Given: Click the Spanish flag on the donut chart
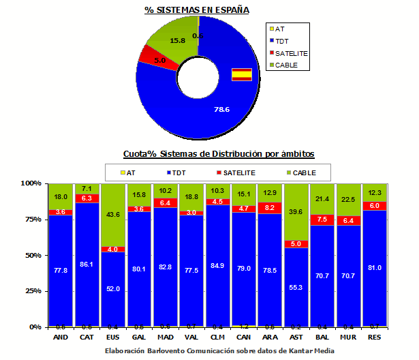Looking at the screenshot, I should click(x=242, y=75).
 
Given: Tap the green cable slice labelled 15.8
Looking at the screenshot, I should click(x=172, y=37).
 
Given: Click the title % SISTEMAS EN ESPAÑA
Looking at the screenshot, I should click(x=196, y=10).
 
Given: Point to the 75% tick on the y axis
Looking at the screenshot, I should click(x=33, y=220).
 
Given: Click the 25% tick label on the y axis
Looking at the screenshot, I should click(x=33, y=291).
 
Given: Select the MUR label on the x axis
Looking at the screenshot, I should click(x=349, y=336).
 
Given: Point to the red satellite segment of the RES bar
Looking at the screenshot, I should click(x=375, y=205).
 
